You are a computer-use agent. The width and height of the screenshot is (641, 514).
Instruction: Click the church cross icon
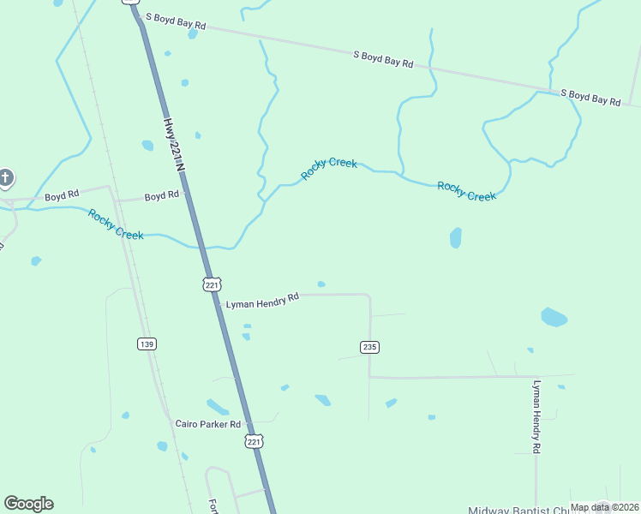point(5,178)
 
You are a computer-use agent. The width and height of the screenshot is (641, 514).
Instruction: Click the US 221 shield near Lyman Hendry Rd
point(213,284)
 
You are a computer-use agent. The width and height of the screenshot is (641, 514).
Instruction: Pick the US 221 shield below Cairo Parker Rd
point(254,441)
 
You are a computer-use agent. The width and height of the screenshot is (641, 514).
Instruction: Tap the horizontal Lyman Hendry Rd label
point(261,300)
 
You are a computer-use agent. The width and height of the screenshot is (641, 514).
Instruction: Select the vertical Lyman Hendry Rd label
point(537,416)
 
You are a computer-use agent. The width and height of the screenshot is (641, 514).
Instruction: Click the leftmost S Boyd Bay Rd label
point(176,21)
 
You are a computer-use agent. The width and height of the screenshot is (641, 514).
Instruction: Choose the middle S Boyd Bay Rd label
point(383,58)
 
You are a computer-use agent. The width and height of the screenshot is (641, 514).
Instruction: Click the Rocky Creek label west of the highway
point(116,224)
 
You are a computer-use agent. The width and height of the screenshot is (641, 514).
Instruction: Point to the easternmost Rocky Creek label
point(466,191)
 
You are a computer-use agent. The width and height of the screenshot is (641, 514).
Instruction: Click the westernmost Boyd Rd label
point(62,196)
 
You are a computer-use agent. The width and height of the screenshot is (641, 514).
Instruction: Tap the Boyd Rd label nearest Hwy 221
point(161,196)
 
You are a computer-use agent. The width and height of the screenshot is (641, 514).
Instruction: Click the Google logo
point(28,504)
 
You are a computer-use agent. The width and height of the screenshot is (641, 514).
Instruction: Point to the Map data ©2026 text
point(604,507)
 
